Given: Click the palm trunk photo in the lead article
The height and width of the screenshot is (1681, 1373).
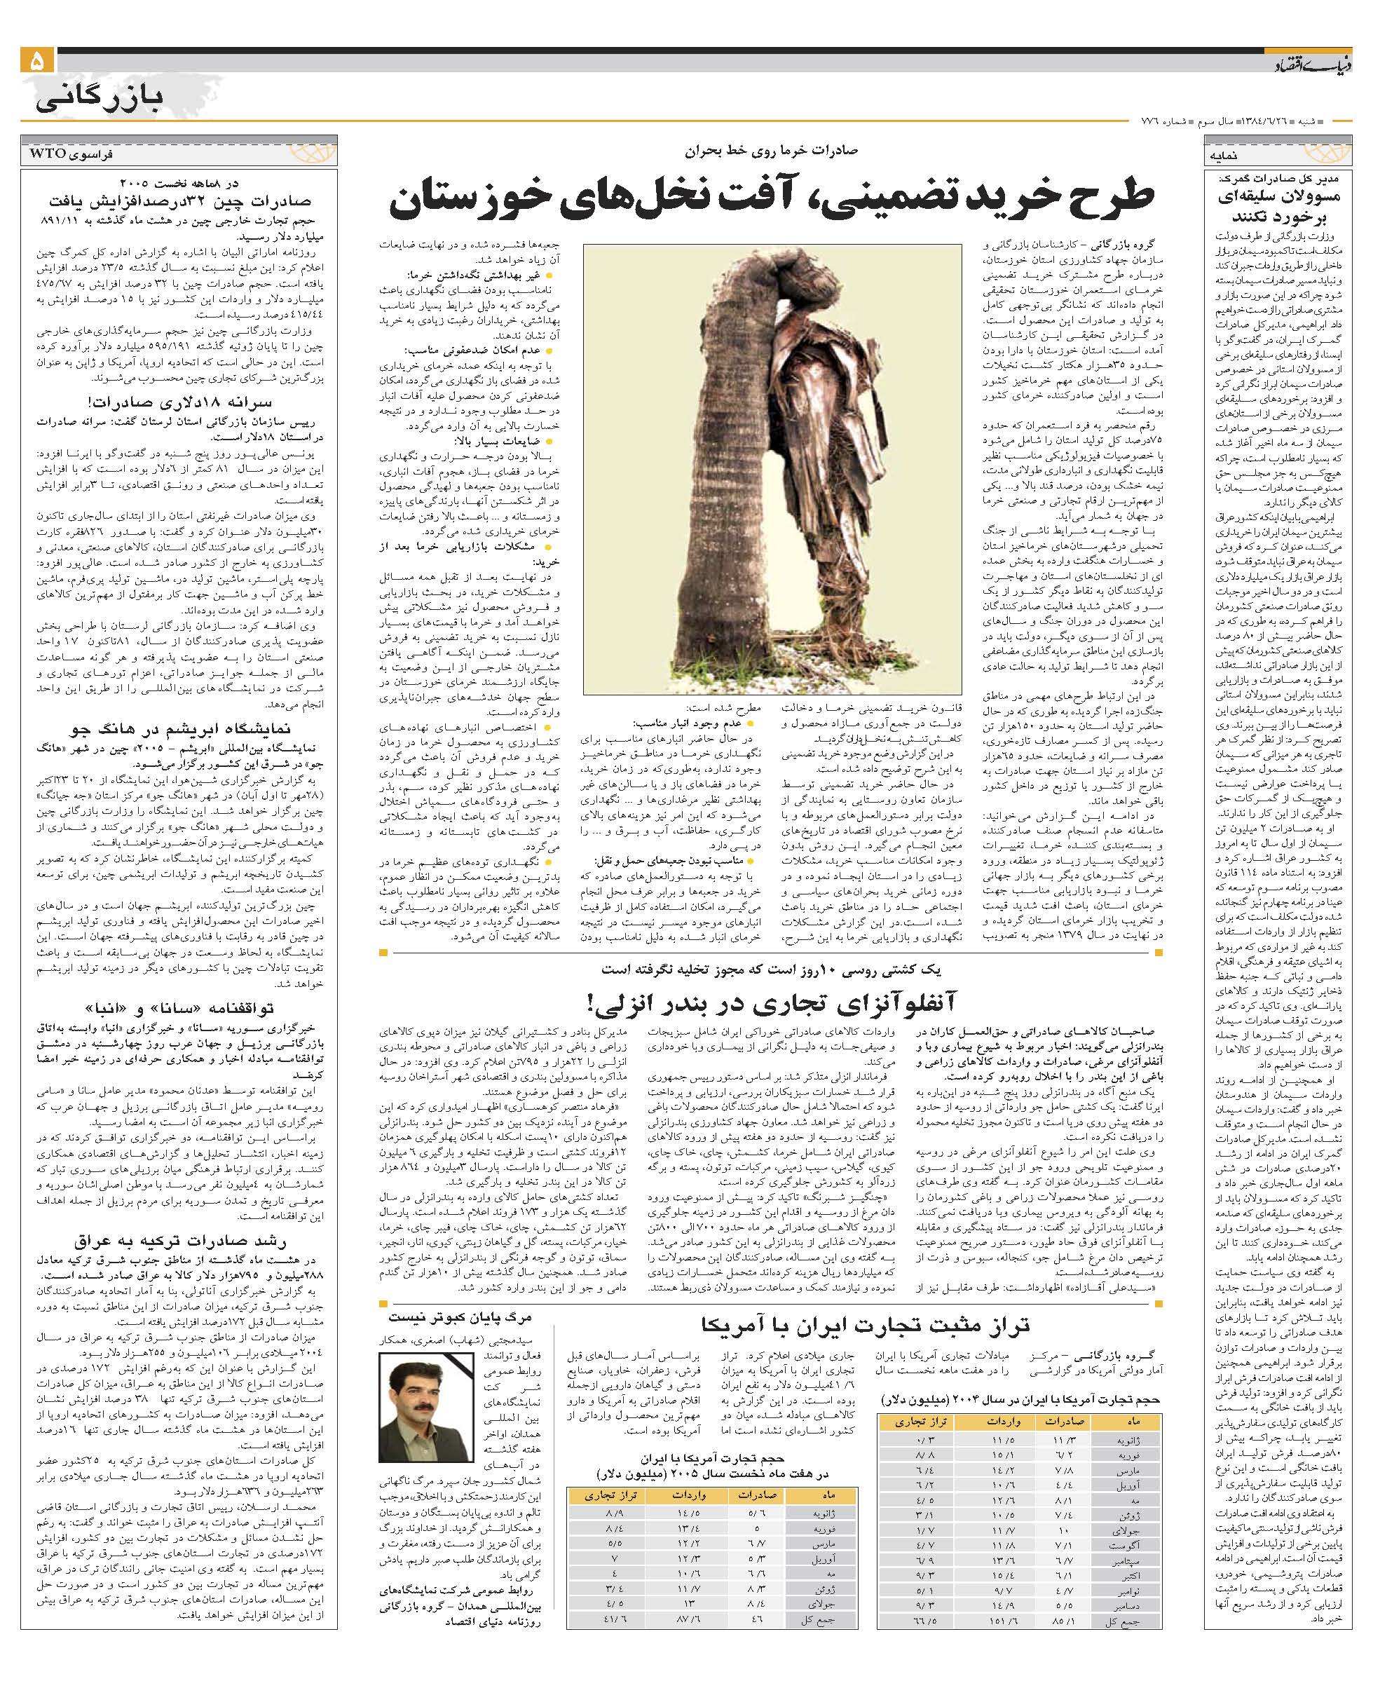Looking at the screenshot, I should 773,468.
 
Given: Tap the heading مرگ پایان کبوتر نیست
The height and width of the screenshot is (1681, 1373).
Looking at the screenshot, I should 461,1318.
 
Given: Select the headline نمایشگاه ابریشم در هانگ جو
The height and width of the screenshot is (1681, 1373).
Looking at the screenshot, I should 180,728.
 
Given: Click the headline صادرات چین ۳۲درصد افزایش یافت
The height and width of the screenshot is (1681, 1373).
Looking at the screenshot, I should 180,201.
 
